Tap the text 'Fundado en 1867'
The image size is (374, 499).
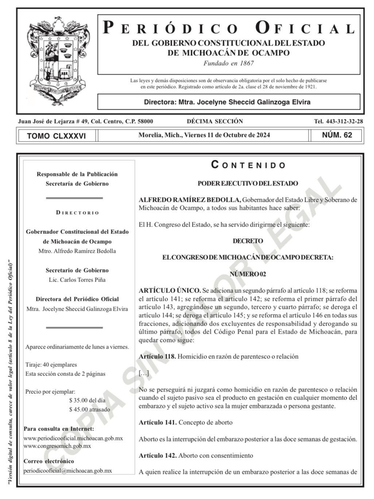(229, 63)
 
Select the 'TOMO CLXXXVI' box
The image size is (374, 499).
(57, 136)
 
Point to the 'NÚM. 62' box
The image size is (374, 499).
(337, 135)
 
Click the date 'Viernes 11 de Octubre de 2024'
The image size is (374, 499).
(227, 135)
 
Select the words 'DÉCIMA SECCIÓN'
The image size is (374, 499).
(215, 121)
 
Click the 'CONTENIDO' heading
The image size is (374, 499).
(248, 165)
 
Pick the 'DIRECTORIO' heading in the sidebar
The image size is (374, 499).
(77, 213)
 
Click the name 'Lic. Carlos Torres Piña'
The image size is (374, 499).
(77, 280)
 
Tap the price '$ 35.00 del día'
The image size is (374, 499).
(87, 400)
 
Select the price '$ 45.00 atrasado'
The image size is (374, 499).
(89, 409)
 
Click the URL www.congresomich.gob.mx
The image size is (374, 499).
(57, 446)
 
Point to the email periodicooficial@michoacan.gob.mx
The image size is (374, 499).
(68, 471)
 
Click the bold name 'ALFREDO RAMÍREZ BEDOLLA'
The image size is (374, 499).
(190, 200)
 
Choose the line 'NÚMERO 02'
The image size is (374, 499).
(248, 274)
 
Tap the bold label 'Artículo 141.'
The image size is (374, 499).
(157, 423)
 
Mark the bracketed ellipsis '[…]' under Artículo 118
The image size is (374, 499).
(144, 373)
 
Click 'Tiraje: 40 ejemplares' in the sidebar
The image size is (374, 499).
(51, 365)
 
